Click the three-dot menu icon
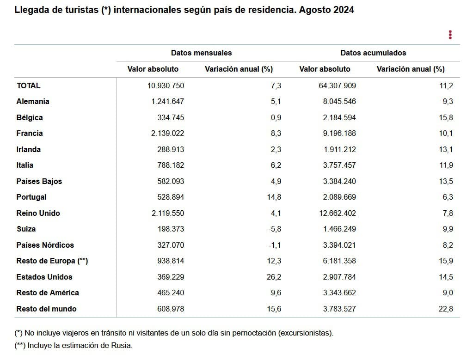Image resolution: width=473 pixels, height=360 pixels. click(x=450, y=35)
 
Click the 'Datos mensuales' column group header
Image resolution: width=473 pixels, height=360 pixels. click(x=201, y=53)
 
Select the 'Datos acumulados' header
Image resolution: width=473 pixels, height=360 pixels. click(x=373, y=53)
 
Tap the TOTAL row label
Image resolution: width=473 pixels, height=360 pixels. click(x=28, y=85)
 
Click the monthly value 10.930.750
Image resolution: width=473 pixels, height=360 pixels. click(x=166, y=85)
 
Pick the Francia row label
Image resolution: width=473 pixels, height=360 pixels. click(x=30, y=133)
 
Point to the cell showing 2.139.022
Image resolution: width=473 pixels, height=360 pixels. click(x=167, y=133)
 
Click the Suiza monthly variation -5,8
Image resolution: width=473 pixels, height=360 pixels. click(x=275, y=229)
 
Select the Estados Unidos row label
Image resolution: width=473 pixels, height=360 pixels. click(x=44, y=277)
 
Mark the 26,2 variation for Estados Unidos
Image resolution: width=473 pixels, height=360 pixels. click(x=274, y=277)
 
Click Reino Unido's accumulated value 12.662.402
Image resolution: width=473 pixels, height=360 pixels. click(x=338, y=213)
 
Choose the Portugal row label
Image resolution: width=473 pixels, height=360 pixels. click(x=31, y=197)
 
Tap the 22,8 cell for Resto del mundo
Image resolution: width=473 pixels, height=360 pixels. click(x=446, y=309)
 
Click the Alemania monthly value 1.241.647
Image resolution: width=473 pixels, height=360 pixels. click(x=167, y=101)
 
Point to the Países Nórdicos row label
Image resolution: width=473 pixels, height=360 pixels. click(x=45, y=245)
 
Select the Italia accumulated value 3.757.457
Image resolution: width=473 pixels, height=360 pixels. click(x=339, y=165)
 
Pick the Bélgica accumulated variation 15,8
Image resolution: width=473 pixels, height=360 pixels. click(x=446, y=117)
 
